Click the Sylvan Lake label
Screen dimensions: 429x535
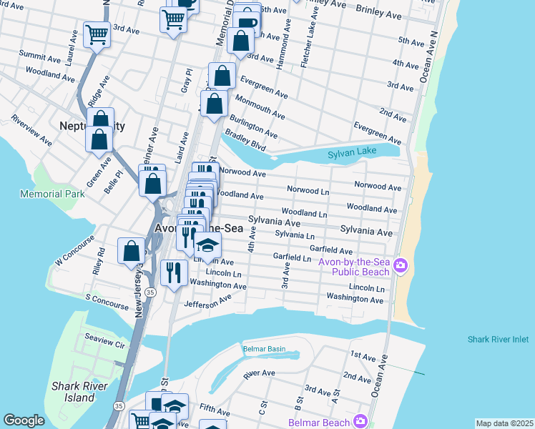pyautogui.click(x=352, y=154)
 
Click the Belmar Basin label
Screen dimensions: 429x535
pyautogui.click(x=264, y=349)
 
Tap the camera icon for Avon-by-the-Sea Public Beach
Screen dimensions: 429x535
pyautogui.click(x=400, y=266)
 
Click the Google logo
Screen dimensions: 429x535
pyautogui.click(x=24, y=420)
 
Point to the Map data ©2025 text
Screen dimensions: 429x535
pyautogui.click(x=504, y=423)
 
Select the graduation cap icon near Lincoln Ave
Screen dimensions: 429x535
pyautogui.click(x=207, y=245)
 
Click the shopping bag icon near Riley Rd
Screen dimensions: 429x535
pyautogui.click(x=131, y=250)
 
